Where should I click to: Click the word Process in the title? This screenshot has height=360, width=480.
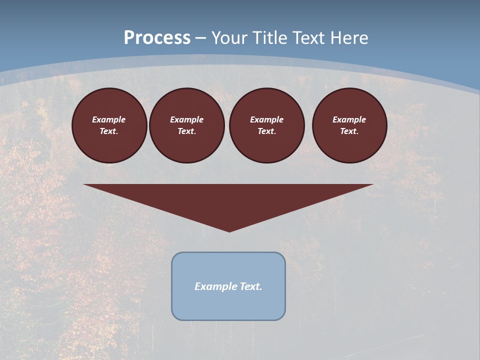coord(157,38)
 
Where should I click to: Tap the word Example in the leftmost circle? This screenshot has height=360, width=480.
coord(109,119)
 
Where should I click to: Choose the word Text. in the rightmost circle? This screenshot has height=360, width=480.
coord(349,131)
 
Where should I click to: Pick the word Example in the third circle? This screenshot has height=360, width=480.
coord(267,119)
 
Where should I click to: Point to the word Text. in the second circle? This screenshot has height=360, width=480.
coord(187,131)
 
